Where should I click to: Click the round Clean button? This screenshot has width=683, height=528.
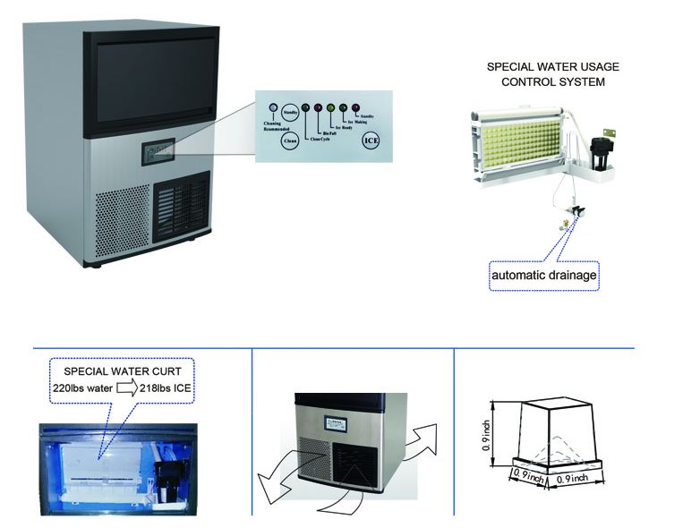(x=289, y=141)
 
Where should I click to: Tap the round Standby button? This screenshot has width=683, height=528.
(x=289, y=112)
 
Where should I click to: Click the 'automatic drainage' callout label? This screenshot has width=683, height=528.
(x=543, y=276)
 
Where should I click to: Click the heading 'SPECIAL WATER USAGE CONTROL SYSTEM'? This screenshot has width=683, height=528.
(x=552, y=74)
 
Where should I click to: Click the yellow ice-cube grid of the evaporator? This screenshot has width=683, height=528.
(x=520, y=147)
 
